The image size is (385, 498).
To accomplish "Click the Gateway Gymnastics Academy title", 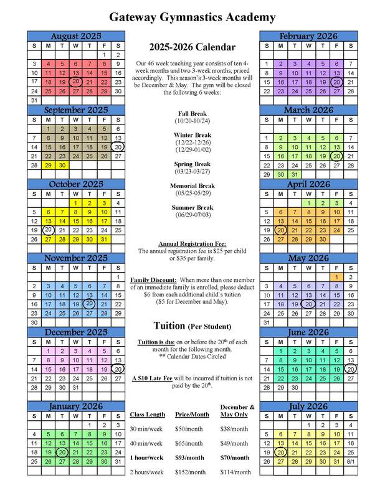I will click(192, 17).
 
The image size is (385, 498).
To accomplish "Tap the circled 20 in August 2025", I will click(75, 82).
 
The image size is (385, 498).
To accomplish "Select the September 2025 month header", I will click(75, 110).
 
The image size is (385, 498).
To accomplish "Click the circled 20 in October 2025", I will click(47, 230).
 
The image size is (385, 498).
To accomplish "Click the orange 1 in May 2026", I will click(337, 277).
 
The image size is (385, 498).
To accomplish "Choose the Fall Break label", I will click(192, 113).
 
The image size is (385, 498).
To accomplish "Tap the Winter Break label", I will click(192, 134).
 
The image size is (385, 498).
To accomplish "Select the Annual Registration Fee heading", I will click(192, 244).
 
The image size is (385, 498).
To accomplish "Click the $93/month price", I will click(190, 458).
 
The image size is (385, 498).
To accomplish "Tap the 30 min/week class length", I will click(146, 429).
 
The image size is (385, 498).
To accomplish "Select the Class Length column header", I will click(147, 414).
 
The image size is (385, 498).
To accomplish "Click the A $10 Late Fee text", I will click(155, 378).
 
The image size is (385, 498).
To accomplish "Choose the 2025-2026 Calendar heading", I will click(192, 47).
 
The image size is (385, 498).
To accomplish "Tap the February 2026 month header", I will click(308, 36).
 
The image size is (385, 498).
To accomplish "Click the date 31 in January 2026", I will click(117, 461).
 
